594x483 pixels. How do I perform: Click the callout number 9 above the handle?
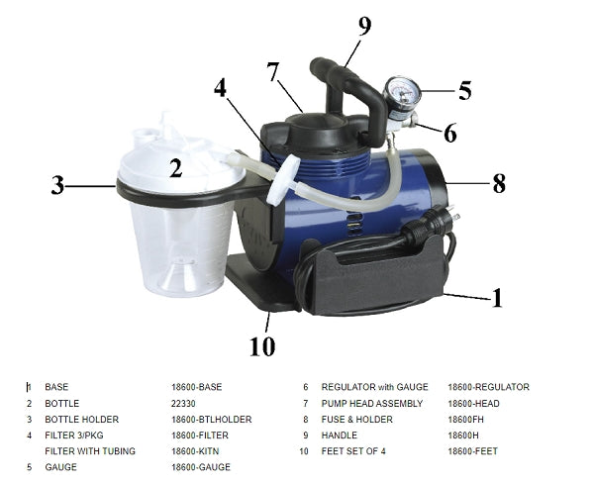point(364,27)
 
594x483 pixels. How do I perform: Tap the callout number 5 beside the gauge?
point(463,90)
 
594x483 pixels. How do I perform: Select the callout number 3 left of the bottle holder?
point(58,184)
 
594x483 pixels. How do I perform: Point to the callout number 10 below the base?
point(261,345)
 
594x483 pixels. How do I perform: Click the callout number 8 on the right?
point(499,182)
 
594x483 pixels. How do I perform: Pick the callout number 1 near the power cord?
point(497,296)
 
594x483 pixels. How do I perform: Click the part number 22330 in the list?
point(184,404)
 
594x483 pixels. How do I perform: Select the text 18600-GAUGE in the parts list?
point(199,467)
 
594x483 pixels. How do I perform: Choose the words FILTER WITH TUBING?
point(88,451)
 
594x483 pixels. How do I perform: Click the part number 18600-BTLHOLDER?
point(211,420)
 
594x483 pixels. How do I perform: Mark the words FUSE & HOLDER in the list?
point(353,420)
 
